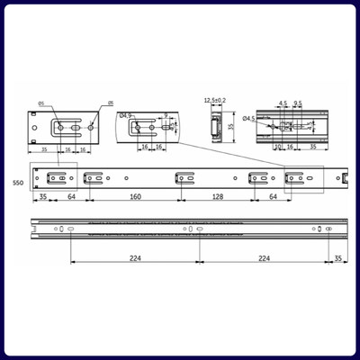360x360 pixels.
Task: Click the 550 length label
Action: click(x=17, y=183)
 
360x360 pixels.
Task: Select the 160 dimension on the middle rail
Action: click(x=134, y=195)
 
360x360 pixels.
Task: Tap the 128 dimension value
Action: click(x=217, y=195)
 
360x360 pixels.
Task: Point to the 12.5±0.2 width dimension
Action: click(x=215, y=101)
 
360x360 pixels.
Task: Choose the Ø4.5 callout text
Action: click(x=248, y=118)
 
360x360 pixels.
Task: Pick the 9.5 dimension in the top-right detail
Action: click(x=297, y=103)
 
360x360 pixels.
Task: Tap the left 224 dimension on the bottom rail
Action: click(x=134, y=257)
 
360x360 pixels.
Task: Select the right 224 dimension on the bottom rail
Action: click(x=264, y=257)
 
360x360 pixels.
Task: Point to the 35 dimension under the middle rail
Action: click(x=41, y=195)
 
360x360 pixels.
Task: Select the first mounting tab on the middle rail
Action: click(x=56, y=176)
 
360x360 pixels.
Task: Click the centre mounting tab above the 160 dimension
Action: click(x=184, y=176)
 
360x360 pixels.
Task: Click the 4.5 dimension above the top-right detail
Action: click(x=283, y=103)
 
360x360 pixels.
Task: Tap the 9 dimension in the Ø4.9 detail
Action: click(x=166, y=114)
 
